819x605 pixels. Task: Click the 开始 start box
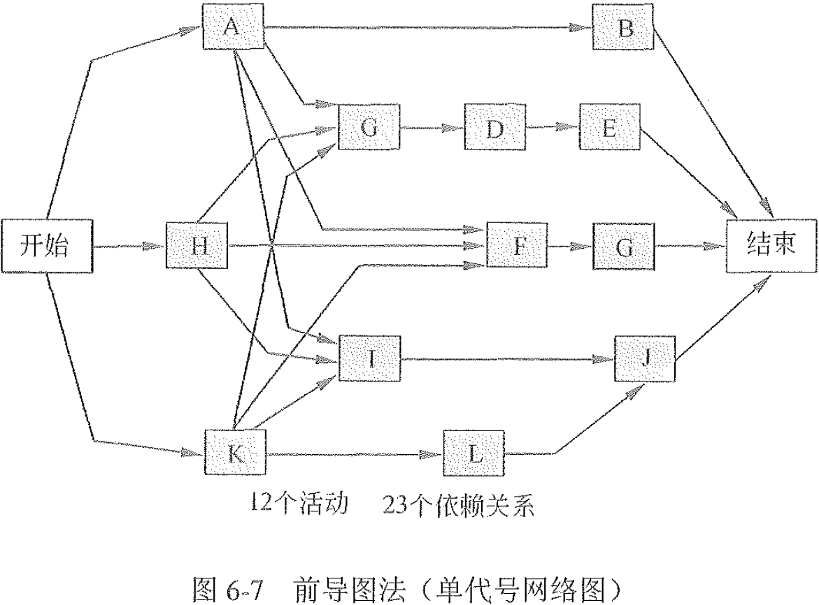46,246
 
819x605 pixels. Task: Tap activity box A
232,27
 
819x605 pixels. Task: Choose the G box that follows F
624,246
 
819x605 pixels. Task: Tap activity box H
197,246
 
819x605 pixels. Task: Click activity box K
236,453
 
